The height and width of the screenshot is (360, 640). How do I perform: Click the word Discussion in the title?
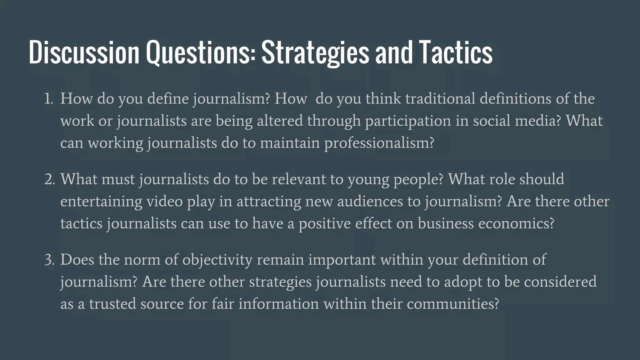[x=84, y=52]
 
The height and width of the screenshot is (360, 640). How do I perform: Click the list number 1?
[x=48, y=99]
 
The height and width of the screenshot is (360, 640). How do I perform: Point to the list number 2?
[x=49, y=179]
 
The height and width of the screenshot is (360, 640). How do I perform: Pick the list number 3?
[x=49, y=260]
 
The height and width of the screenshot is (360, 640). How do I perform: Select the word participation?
[x=408, y=121]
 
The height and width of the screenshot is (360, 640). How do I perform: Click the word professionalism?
[x=379, y=143]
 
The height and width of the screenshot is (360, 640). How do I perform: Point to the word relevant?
[x=298, y=179]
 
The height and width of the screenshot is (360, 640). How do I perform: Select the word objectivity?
[x=217, y=260]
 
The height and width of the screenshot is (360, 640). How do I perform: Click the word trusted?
[x=112, y=304]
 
